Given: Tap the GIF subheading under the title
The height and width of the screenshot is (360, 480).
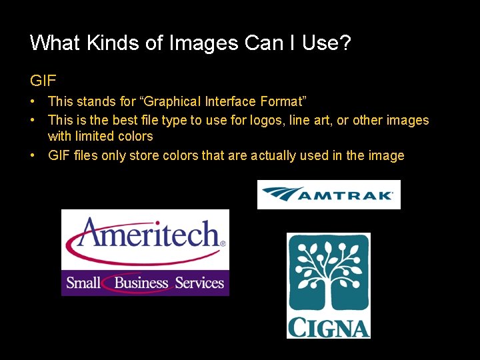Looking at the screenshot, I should pyautogui.click(x=43, y=81).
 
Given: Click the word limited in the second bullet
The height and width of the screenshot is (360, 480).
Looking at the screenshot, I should pyautogui.click(x=94, y=137).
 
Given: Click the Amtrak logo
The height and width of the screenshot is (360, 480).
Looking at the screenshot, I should pyautogui.click(x=329, y=195).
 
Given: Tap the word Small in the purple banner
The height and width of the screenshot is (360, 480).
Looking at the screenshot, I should pyautogui.click(x=83, y=283).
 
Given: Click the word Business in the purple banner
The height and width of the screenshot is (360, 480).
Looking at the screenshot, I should pyautogui.click(x=141, y=283).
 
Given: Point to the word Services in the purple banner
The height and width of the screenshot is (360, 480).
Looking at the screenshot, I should pyautogui.click(x=199, y=283).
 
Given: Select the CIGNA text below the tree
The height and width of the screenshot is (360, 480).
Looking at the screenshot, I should pyautogui.click(x=328, y=327).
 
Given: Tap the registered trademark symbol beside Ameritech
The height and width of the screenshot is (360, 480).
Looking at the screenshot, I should pyautogui.click(x=223, y=244).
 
